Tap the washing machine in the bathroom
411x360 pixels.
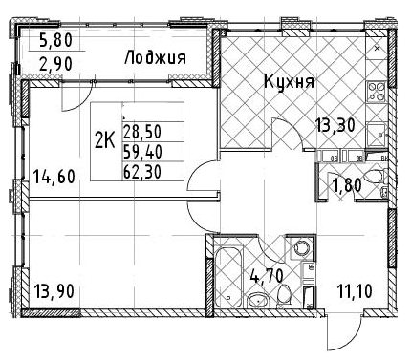point(301,248)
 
